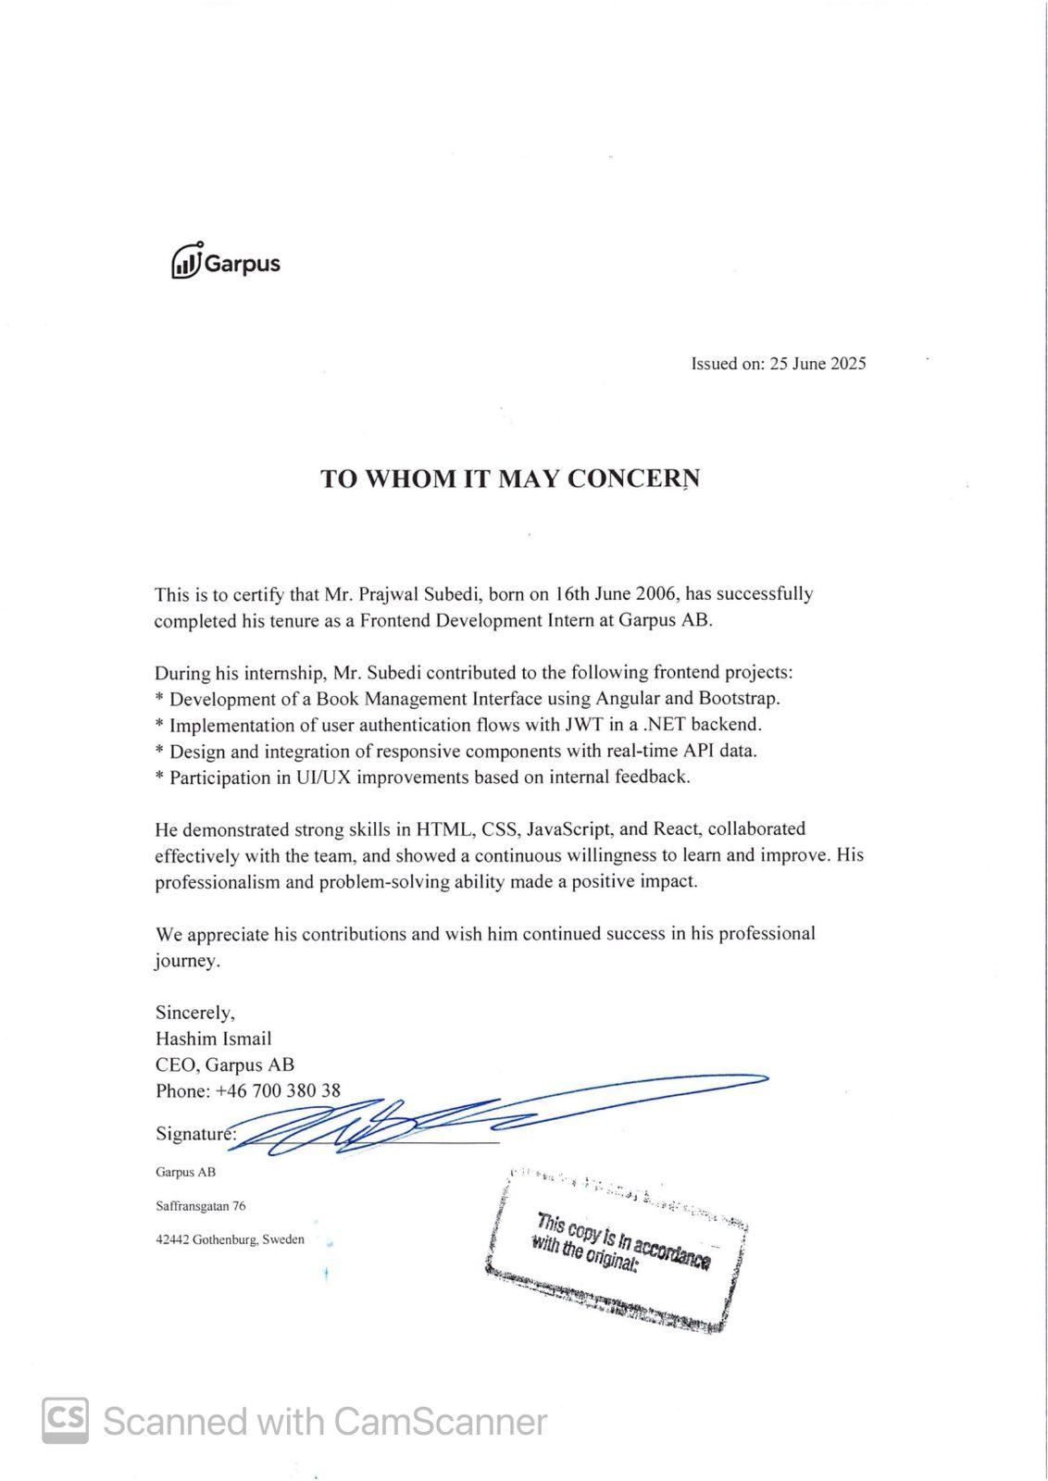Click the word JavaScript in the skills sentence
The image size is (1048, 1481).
569,828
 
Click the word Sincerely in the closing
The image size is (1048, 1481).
194,1012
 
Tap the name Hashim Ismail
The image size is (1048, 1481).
214,1039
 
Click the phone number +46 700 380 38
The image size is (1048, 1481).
278,1090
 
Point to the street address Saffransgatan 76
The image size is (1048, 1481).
201,1206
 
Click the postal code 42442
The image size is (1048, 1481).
172,1239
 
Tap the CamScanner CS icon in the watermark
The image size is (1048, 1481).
66,1419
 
